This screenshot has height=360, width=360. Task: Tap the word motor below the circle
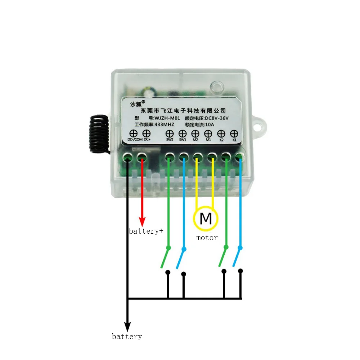(207, 238)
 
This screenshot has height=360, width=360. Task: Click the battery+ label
(146, 231)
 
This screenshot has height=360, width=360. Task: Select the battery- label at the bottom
(129, 337)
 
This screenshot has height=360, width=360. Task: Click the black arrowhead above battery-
(127, 326)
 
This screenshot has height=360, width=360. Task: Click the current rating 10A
(210, 124)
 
